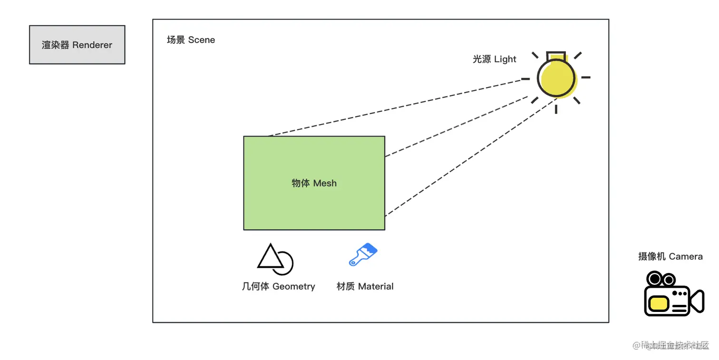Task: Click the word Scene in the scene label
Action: click(x=202, y=40)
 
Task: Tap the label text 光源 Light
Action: click(x=494, y=59)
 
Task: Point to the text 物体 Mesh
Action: click(x=314, y=183)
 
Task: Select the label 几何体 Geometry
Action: click(x=278, y=286)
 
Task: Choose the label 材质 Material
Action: click(x=365, y=286)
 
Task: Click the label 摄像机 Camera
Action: click(x=670, y=257)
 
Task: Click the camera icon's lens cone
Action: click(x=697, y=301)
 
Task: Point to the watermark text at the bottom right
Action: click(x=670, y=345)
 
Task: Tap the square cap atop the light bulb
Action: click(x=555, y=55)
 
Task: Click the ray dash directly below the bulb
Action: click(x=555, y=109)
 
